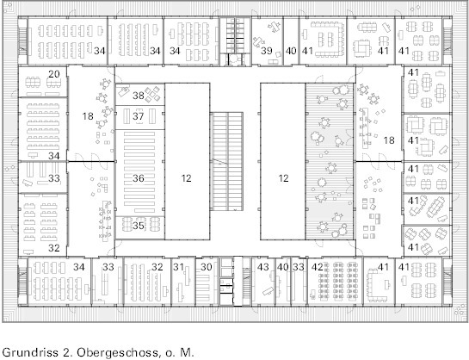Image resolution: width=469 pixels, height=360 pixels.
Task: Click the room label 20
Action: [54, 74]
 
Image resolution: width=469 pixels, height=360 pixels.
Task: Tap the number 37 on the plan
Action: [139, 116]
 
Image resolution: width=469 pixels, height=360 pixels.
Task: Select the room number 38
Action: [139, 96]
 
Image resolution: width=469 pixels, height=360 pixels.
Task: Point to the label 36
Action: [139, 178]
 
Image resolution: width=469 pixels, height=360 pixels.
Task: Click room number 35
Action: [139, 226]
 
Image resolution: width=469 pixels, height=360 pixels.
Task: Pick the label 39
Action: [266, 51]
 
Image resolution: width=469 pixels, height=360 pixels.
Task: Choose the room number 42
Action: [318, 267]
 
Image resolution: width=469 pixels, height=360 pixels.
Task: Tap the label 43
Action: [263, 267]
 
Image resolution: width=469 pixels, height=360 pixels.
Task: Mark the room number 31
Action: [179, 267]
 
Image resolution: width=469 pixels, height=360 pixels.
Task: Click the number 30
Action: [206, 267]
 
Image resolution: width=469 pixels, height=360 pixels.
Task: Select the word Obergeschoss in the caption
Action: [118, 352]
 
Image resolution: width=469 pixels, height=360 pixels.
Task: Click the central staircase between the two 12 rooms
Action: [226, 161]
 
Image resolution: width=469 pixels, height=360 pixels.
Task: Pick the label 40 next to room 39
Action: [291, 51]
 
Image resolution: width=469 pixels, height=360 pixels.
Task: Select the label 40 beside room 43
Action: [282, 267]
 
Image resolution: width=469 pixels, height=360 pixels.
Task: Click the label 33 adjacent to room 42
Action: [299, 267]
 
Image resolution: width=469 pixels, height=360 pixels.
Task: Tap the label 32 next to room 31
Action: [157, 267]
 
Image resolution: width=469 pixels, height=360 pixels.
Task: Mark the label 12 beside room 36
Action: [186, 178]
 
